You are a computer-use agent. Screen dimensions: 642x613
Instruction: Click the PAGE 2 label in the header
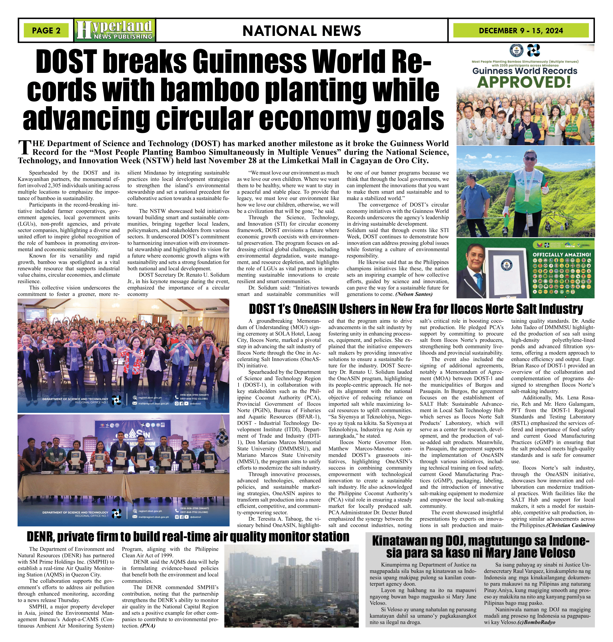46,31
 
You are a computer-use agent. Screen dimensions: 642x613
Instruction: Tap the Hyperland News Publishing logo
115,30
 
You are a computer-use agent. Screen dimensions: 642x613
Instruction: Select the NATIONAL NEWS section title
302,31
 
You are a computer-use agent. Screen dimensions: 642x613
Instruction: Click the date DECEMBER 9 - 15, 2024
521,31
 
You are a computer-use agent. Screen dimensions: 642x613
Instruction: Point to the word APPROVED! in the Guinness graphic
524,82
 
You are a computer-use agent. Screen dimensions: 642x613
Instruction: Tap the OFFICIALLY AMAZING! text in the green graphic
562,254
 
